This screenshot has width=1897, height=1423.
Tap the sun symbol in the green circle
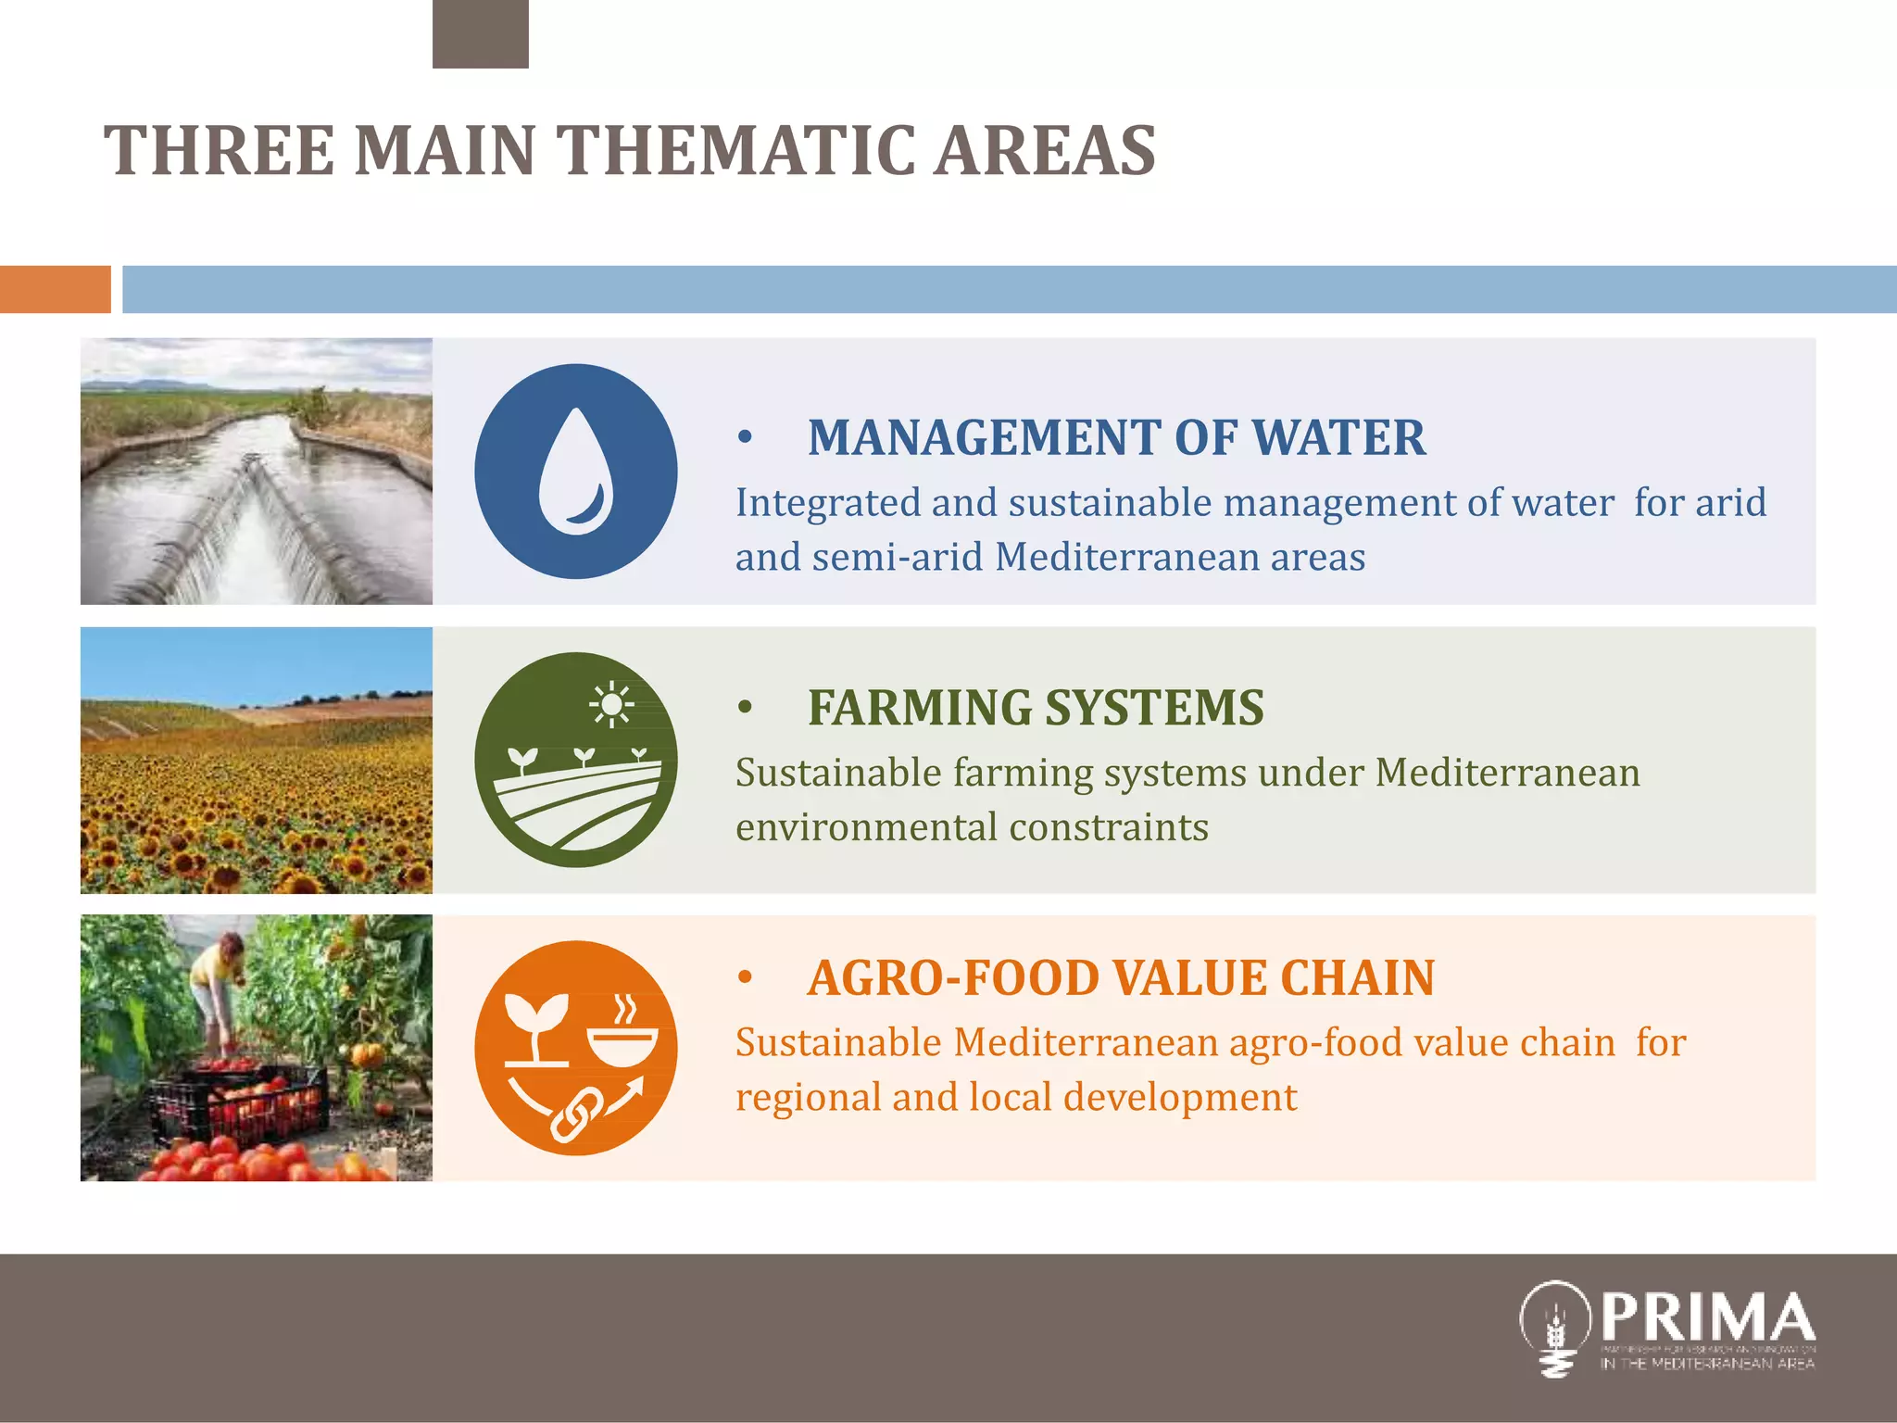point(611,706)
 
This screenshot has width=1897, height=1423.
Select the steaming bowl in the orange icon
point(622,1034)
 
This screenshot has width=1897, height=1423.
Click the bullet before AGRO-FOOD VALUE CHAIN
point(745,978)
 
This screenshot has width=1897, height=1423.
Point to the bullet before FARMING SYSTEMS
point(745,709)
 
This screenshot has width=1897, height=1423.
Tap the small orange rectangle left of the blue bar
point(55,289)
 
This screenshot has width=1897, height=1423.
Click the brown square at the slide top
point(480,33)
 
